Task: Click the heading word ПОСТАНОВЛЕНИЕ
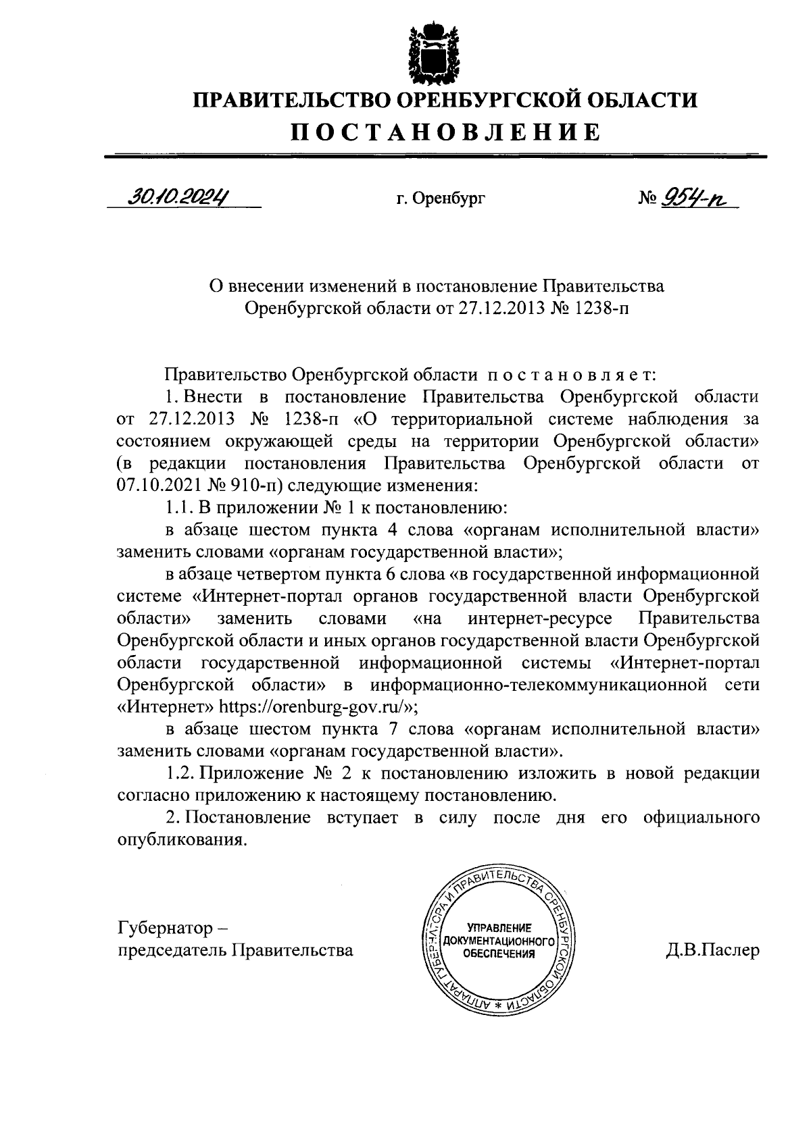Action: (445, 132)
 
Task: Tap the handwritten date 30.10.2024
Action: (178, 197)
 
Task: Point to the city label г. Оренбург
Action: (441, 199)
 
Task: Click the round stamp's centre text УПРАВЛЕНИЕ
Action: (498, 928)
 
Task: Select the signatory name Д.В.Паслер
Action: (712, 950)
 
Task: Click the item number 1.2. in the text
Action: (180, 773)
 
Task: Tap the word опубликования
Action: (179, 840)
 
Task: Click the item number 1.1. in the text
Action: (180, 508)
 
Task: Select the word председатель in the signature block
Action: (172, 950)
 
